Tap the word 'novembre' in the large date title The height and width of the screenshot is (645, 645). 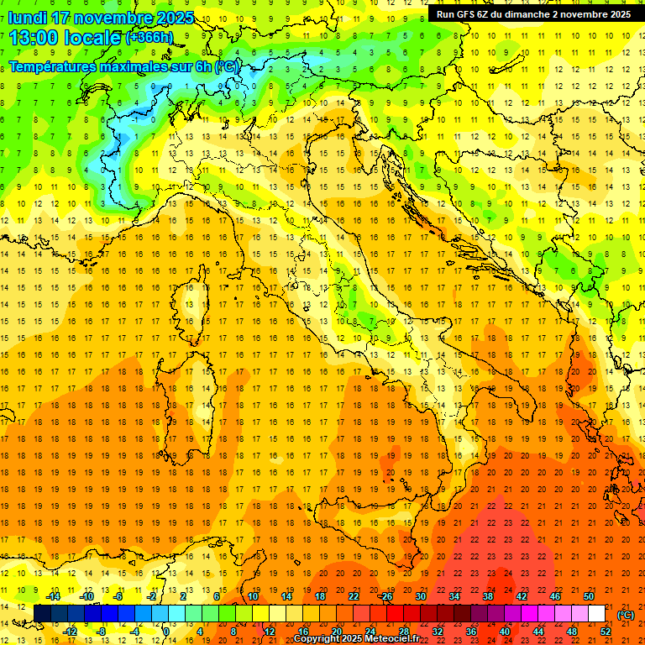pyautogui.click(x=114, y=18)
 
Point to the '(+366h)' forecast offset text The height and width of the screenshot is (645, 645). pyautogui.click(x=149, y=37)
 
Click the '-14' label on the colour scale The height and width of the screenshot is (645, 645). pyautogui.click(x=53, y=596)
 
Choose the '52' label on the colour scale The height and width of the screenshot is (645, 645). pyautogui.click(x=606, y=632)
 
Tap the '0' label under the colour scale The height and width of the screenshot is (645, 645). pyautogui.click(x=166, y=632)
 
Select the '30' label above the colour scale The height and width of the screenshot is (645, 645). pyautogui.click(x=420, y=596)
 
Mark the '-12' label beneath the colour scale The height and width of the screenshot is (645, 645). pyautogui.click(x=70, y=632)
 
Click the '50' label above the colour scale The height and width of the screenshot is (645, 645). pyautogui.click(x=589, y=596)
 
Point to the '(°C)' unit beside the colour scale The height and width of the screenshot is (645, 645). pyautogui.click(x=625, y=615)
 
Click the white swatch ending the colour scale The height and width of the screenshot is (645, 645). pyautogui.click(x=596, y=614)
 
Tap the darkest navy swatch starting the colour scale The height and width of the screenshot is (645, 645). pyautogui.click(x=42, y=614)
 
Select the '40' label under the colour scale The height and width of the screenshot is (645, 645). pyautogui.click(x=504, y=632)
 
